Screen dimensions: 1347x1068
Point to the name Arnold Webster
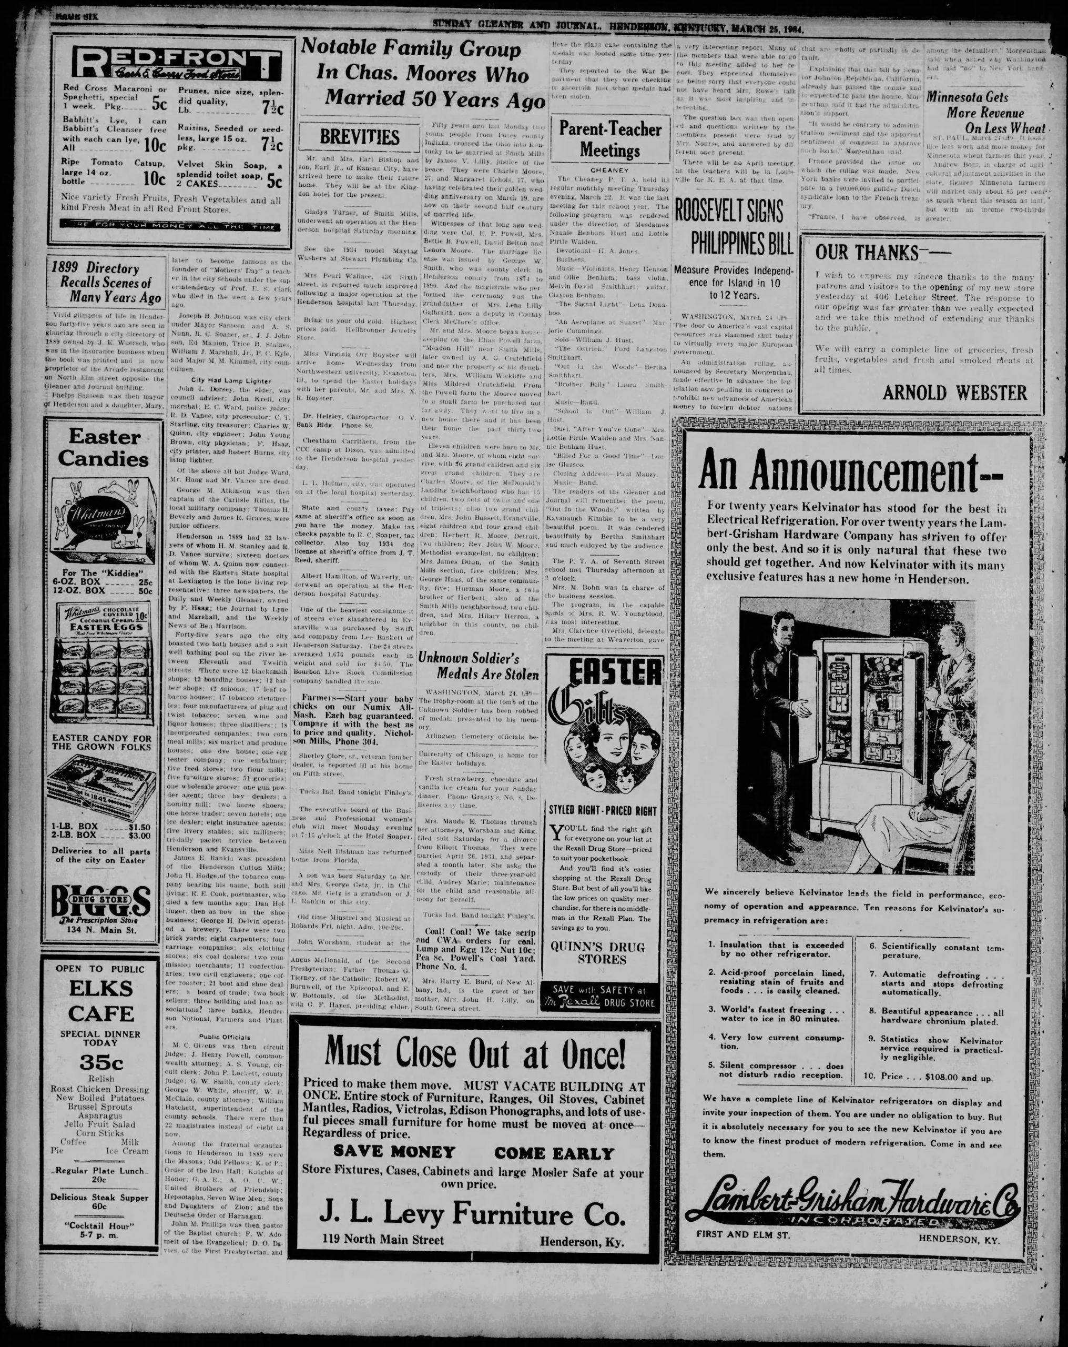(x=954, y=393)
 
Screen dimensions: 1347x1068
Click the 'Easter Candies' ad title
(x=104, y=447)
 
